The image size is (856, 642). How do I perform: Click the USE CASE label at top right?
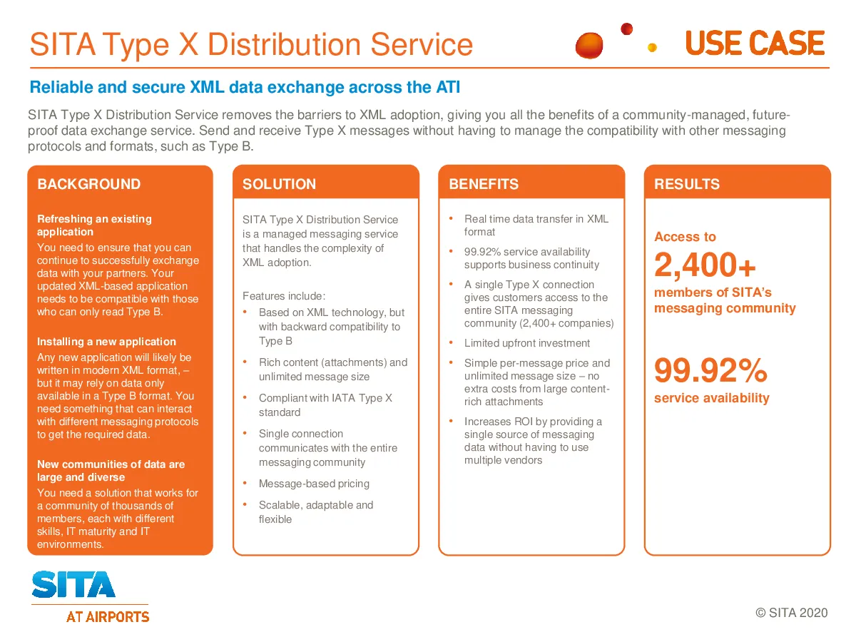(x=754, y=43)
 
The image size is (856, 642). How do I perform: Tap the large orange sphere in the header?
(x=589, y=45)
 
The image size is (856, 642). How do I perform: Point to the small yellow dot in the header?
(x=652, y=48)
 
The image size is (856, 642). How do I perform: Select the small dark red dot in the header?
(x=626, y=29)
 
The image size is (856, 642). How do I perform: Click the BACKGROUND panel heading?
(x=89, y=184)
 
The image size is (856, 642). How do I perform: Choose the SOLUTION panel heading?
(x=279, y=184)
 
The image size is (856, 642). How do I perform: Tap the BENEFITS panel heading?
(x=484, y=184)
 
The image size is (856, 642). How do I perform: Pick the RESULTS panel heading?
(x=686, y=184)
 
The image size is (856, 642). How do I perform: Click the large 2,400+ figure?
(x=705, y=265)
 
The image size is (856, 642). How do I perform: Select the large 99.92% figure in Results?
(x=710, y=370)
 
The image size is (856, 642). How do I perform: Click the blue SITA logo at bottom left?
(x=73, y=584)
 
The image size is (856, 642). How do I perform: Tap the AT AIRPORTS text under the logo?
(x=108, y=616)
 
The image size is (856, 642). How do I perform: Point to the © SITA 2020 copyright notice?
(x=791, y=613)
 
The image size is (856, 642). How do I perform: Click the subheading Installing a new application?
(x=106, y=342)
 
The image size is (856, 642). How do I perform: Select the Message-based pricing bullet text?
(x=314, y=484)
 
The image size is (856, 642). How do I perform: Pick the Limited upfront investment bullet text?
(x=526, y=343)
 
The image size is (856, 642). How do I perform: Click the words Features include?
(x=284, y=296)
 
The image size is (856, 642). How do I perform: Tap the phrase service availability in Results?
(x=712, y=398)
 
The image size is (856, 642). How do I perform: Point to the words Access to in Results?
(x=685, y=237)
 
